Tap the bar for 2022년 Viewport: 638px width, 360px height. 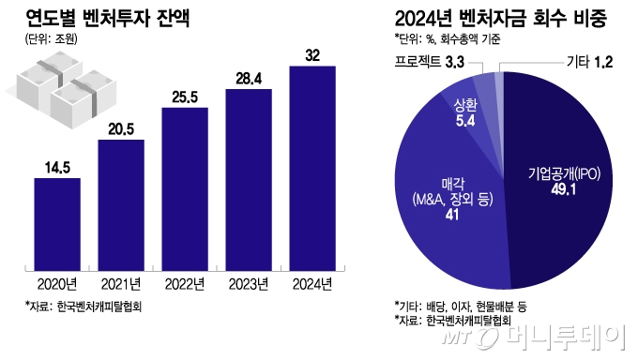coord(185,187)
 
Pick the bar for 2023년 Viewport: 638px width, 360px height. coord(249,177)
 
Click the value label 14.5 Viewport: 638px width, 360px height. coord(57,167)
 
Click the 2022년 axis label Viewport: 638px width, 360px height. coord(185,283)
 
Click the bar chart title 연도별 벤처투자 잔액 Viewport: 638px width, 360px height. coord(103,17)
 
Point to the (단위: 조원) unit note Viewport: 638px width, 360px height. coord(47,39)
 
